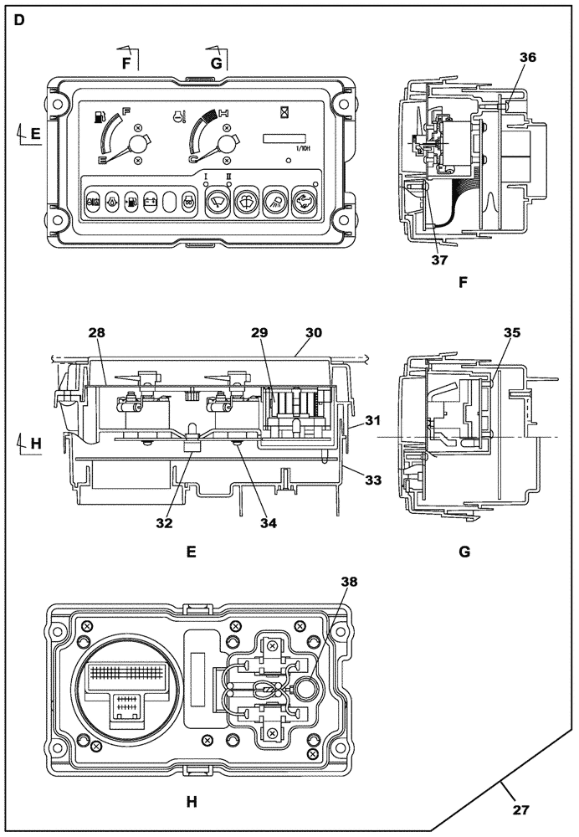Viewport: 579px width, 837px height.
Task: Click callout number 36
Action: click(x=527, y=58)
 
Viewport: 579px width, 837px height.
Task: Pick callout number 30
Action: click(x=313, y=332)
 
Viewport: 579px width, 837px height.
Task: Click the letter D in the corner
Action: click(x=19, y=18)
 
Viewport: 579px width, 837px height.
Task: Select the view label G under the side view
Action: click(x=464, y=552)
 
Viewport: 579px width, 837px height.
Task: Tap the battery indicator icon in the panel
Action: click(x=151, y=201)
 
